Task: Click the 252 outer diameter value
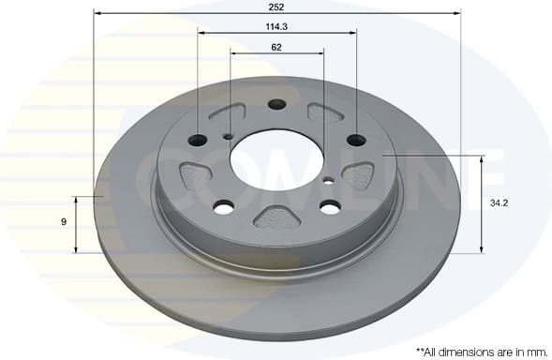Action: [x=276, y=7]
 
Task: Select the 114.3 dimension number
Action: [x=276, y=26]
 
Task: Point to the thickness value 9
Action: [x=64, y=221]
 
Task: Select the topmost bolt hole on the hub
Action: [x=276, y=104]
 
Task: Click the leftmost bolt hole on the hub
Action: [x=198, y=141]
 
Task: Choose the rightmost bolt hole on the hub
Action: [x=355, y=141]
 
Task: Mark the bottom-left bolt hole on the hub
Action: [x=223, y=207]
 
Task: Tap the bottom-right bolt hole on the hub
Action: [x=329, y=206]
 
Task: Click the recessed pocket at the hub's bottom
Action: [x=276, y=219]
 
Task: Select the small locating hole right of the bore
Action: [x=327, y=177]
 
